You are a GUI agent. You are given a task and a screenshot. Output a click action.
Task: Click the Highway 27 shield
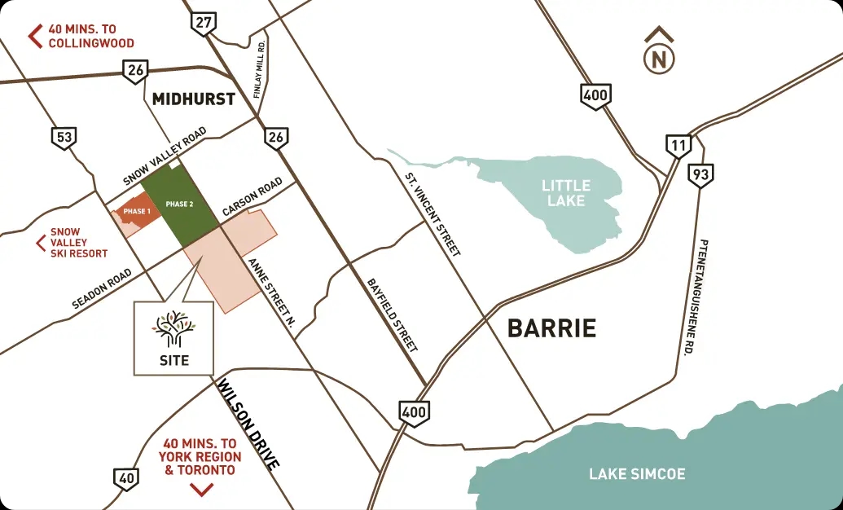[204, 23]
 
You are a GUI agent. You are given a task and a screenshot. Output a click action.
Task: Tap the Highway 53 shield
[63, 137]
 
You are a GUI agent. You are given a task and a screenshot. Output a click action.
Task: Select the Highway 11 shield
[678, 146]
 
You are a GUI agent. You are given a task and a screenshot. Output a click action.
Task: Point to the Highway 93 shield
[699, 174]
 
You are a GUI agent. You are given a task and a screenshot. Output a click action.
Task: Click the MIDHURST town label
[194, 99]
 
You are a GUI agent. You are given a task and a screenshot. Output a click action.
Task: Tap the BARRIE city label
[551, 328]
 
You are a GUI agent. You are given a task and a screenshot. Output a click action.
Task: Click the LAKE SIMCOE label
[638, 473]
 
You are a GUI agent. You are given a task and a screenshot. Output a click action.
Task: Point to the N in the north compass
[658, 59]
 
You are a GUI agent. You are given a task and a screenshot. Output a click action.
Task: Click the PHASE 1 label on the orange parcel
[136, 212]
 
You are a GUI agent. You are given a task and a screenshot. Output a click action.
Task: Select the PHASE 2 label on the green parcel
[179, 204]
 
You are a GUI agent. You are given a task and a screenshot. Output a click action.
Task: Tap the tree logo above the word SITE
[173, 329]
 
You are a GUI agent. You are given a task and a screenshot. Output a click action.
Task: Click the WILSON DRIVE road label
[248, 424]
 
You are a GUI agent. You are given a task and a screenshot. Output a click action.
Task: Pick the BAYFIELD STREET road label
[392, 313]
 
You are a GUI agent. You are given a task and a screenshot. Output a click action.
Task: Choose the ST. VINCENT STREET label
[432, 213]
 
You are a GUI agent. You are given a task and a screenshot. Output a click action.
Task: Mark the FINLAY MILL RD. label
[258, 71]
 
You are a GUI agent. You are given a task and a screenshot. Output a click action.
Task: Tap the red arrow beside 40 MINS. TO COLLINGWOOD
[35, 36]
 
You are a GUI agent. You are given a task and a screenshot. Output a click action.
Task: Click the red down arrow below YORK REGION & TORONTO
[201, 489]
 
